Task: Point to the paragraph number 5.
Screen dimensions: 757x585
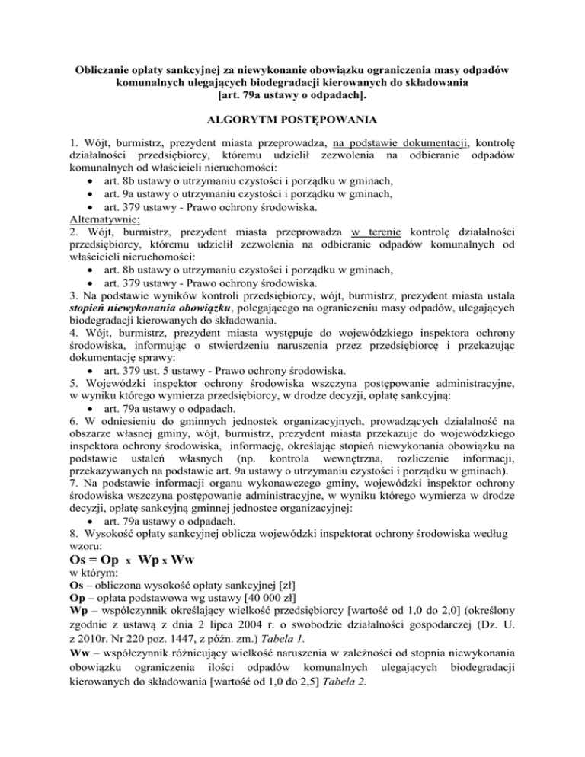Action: coord(72,403)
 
